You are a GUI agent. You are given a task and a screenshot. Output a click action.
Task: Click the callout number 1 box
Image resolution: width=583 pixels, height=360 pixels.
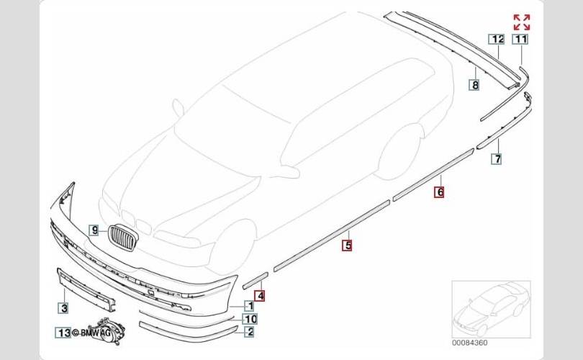250,306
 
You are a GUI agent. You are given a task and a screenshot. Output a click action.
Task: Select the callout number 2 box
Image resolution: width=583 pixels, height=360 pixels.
250,331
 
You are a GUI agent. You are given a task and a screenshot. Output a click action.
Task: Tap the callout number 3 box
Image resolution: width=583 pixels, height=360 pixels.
64,308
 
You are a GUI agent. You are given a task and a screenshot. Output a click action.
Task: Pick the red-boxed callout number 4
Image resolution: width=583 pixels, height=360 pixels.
260,296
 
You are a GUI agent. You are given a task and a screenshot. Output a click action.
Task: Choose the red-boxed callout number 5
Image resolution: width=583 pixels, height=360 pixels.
347,246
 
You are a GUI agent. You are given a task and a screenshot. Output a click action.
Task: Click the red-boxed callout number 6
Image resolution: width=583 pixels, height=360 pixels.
440,192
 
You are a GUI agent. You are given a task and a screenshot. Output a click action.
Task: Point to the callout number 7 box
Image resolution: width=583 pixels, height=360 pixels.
497,159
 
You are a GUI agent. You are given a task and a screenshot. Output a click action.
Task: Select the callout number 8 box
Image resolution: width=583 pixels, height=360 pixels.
474,85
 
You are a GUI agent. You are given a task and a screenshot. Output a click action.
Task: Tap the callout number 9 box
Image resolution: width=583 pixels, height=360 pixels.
94,230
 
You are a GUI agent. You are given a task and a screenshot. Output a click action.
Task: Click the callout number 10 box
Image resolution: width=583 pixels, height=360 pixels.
250,319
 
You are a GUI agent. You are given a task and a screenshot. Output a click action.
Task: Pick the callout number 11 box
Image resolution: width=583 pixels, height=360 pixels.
520,39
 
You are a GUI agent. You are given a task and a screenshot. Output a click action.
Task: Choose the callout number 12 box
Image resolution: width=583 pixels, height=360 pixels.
497,39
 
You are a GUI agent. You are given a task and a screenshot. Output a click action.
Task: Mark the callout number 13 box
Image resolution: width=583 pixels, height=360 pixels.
63,333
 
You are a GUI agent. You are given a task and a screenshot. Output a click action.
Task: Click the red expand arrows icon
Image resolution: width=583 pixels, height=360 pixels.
521,22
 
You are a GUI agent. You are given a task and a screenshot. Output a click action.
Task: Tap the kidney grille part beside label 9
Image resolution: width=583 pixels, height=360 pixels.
124,238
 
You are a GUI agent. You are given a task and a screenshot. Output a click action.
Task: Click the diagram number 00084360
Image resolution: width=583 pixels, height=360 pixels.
469,343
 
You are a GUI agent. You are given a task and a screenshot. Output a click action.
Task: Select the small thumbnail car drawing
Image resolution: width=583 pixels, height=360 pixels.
491,310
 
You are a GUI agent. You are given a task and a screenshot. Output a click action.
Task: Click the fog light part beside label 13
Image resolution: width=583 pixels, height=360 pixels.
109,330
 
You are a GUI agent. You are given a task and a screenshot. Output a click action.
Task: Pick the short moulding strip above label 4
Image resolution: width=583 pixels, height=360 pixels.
255,280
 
